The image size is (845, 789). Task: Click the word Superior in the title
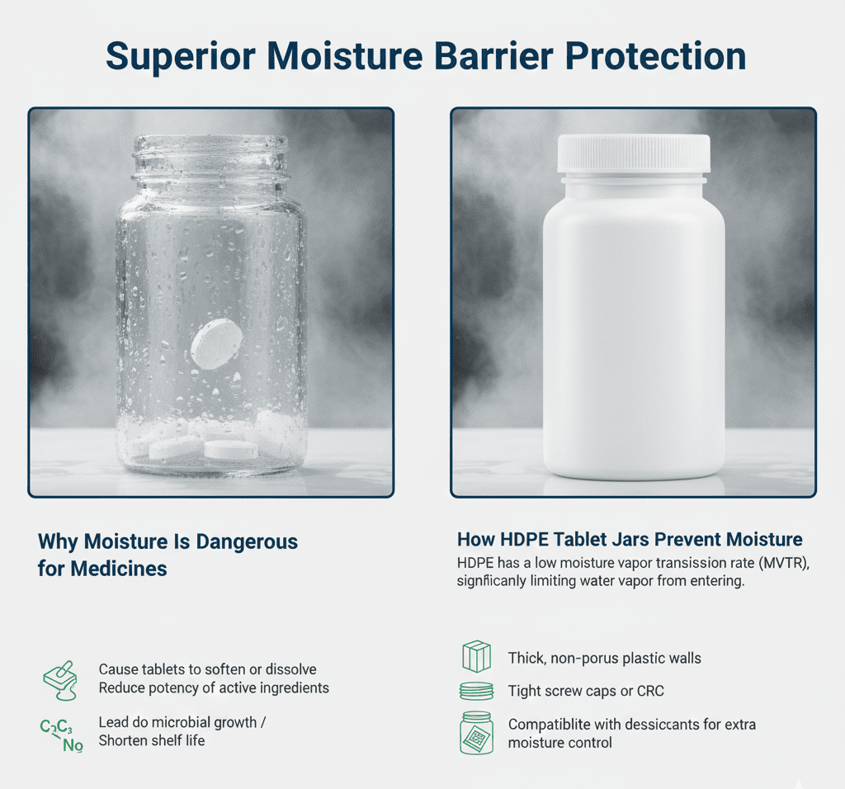click(x=180, y=57)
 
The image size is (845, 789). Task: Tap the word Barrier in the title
click(x=493, y=55)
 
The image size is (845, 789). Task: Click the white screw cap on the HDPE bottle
click(x=633, y=154)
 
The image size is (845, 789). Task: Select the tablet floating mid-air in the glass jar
click(x=216, y=343)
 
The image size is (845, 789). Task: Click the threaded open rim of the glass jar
click(x=210, y=156)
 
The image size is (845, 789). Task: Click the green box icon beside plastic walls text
click(x=476, y=656)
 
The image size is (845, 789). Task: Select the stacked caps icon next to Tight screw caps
click(x=476, y=691)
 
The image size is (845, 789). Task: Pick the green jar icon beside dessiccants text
click(x=476, y=732)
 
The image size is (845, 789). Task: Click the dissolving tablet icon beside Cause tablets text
click(x=60, y=680)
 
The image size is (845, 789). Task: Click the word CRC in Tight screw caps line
click(x=650, y=691)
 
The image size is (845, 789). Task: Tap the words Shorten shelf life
click(x=152, y=740)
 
